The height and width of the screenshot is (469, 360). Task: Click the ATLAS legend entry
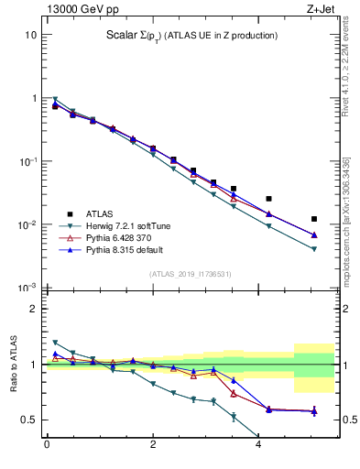pos(99,213)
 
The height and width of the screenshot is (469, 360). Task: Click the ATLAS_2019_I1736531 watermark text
pos(190,274)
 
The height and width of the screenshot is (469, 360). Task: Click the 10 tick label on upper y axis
pos(30,35)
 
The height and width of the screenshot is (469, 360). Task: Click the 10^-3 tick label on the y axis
pos(27,288)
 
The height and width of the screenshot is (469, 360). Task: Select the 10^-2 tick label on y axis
pos(27,224)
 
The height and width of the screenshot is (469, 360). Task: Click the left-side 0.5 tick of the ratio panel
pos(30,420)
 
